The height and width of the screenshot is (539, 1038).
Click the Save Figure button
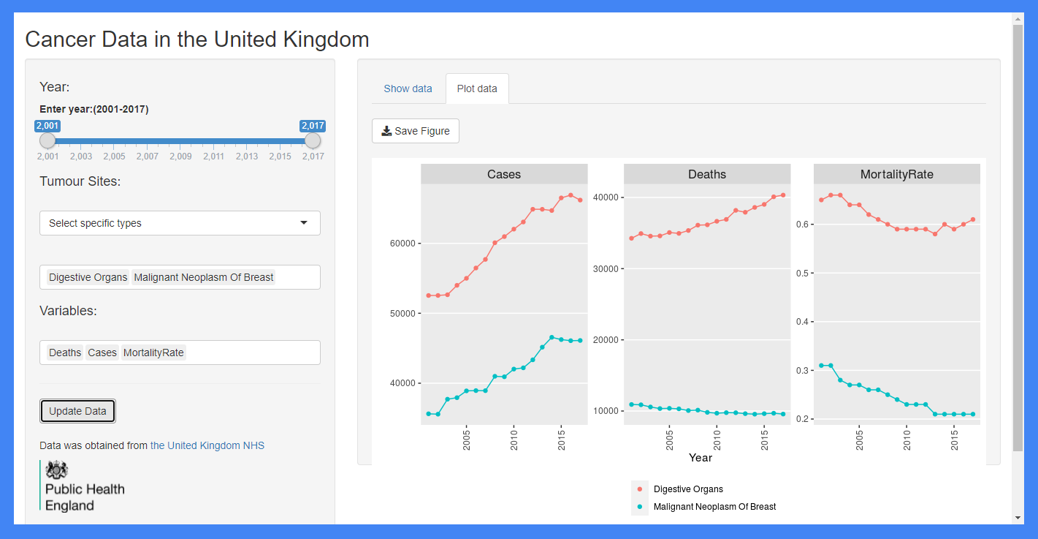(x=415, y=131)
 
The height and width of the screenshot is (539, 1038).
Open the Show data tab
(x=408, y=88)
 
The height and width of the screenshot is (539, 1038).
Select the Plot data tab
(x=477, y=88)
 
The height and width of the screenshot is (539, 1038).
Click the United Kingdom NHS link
(x=207, y=445)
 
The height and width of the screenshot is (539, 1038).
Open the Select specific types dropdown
(x=180, y=223)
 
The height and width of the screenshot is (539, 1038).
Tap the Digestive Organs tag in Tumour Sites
(x=88, y=277)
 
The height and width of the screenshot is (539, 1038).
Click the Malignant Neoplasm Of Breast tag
(x=204, y=277)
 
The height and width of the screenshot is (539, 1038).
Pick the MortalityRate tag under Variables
(x=153, y=353)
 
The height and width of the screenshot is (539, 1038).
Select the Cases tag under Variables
(x=102, y=353)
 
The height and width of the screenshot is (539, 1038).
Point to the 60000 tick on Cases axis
(x=403, y=244)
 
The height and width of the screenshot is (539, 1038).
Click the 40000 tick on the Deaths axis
(x=606, y=197)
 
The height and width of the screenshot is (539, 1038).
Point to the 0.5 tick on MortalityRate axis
(x=802, y=273)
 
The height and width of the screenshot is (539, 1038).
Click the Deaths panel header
(x=706, y=174)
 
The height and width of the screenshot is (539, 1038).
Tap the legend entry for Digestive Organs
(x=687, y=489)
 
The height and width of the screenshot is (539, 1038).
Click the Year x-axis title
(x=700, y=458)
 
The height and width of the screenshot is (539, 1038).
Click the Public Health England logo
(x=83, y=486)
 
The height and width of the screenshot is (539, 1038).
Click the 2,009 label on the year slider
(x=180, y=156)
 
